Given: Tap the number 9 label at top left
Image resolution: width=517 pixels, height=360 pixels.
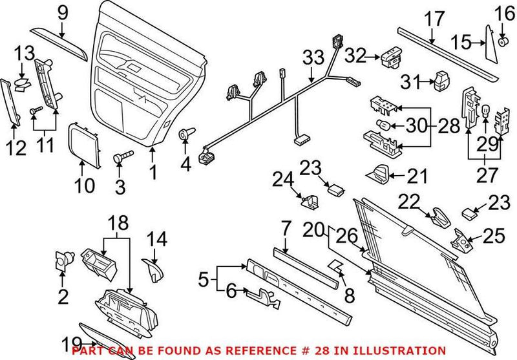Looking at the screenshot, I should (x=62, y=12).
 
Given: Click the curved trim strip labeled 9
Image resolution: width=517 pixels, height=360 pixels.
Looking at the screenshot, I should (x=60, y=41).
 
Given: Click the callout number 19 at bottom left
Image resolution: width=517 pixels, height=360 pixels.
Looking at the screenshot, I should (x=72, y=343).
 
